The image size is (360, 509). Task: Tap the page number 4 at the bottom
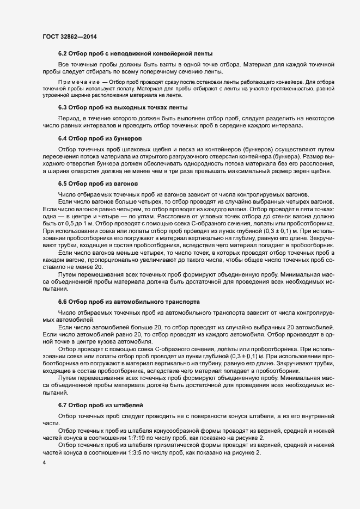tap(44, 462)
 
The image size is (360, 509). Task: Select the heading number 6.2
tap(62, 53)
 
